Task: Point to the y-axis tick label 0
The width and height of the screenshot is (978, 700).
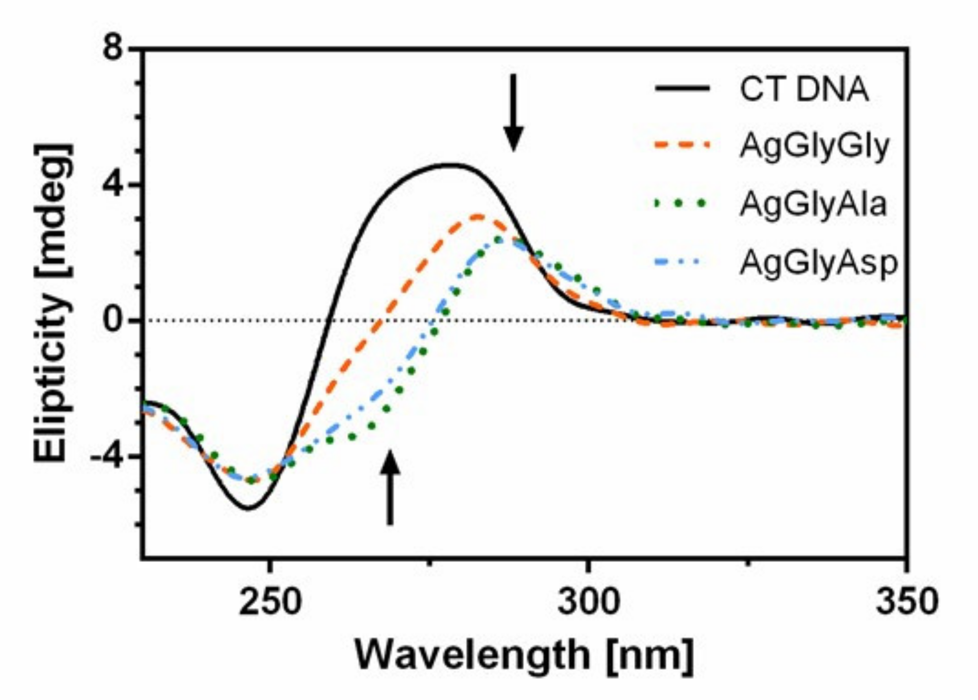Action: pos(113,321)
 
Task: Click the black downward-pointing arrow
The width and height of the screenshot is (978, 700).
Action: pos(513,113)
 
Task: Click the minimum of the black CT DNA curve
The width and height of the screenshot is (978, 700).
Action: pos(248,509)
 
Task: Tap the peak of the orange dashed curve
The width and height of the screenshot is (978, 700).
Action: pos(479,216)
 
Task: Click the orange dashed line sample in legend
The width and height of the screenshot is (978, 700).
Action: pos(682,145)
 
